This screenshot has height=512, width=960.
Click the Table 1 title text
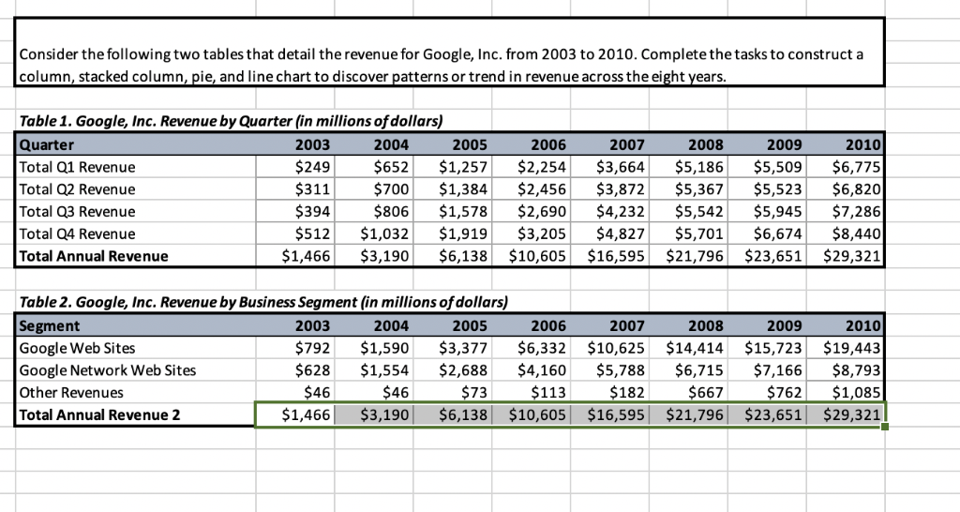[x=231, y=122]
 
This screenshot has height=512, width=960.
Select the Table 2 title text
[x=262, y=302]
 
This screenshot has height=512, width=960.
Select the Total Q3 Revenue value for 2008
[x=699, y=212]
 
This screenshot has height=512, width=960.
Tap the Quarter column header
[x=47, y=144]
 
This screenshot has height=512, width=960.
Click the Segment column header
[x=50, y=325]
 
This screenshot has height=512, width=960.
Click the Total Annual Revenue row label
[x=94, y=256]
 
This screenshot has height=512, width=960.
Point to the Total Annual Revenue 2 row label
[x=99, y=414]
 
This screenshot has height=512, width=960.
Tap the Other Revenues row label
[x=71, y=393]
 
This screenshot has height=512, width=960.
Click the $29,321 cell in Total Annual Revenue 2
[x=851, y=414]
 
